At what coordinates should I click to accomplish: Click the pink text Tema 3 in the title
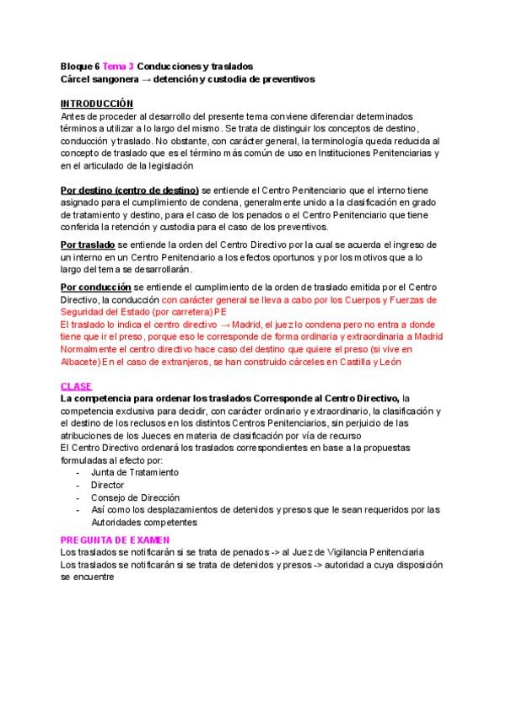tap(118, 66)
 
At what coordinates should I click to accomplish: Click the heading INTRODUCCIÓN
tap(97, 103)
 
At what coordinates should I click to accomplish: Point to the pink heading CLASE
tap(77, 386)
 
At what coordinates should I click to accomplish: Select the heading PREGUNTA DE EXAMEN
tap(116, 539)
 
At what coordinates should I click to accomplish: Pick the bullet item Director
tap(107, 486)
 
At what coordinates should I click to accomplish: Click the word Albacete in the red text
tap(80, 363)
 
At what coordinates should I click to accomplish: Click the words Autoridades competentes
tap(143, 522)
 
